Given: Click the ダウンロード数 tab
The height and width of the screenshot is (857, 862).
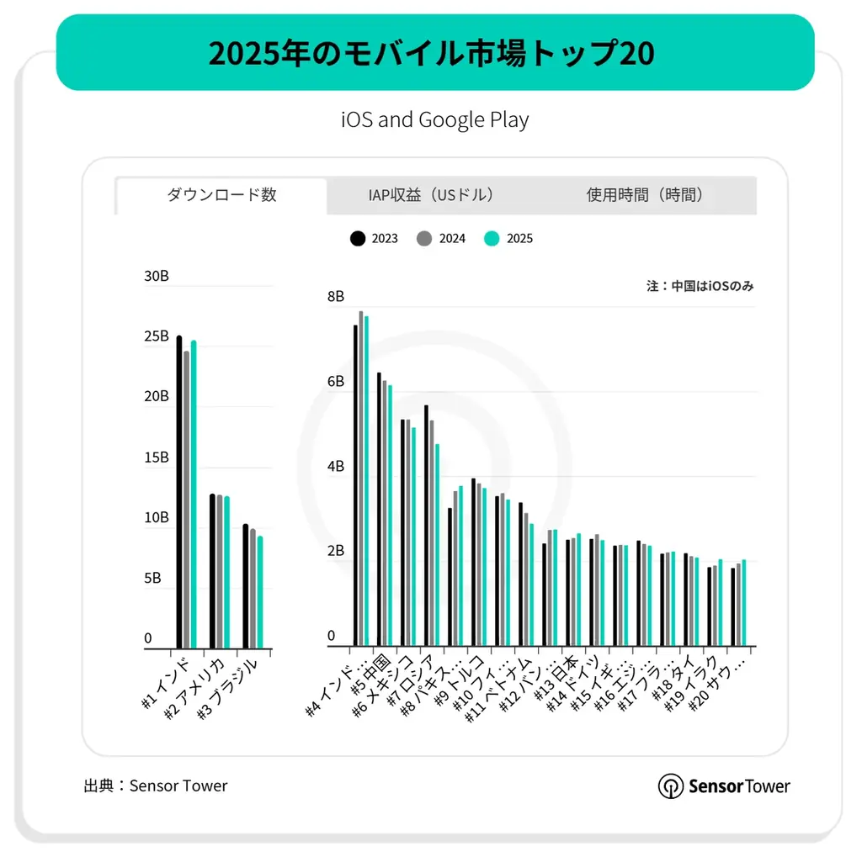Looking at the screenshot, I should pyautogui.click(x=221, y=195).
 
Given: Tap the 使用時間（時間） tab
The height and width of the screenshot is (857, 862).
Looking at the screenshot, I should pyautogui.click(x=645, y=195).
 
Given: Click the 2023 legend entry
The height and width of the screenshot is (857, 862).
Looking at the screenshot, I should pyautogui.click(x=374, y=239).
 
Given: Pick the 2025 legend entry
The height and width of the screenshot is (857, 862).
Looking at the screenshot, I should pyautogui.click(x=509, y=239).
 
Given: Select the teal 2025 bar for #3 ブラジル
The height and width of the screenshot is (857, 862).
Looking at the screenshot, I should pyautogui.click(x=260, y=592).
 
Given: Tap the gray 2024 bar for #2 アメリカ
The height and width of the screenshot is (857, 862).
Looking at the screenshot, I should pyautogui.click(x=220, y=572).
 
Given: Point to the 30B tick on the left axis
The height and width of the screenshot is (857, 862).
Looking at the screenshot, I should pyautogui.click(x=157, y=275).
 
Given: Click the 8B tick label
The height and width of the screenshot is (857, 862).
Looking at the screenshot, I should pyautogui.click(x=336, y=296).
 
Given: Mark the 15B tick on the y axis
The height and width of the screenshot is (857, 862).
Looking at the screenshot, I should pyautogui.click(x=157, y=458).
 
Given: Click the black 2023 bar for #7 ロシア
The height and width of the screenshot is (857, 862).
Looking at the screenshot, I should pyautogui.click(x=426, y=526).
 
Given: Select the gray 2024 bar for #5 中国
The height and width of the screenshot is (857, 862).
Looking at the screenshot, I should pyautogui.click(x=385, y=513).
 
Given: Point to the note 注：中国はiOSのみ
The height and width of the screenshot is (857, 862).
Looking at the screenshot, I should pyautogui.click(x=700, y=286).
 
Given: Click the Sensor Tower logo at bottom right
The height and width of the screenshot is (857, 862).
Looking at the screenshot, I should pyautogui.click(x=724, y=786).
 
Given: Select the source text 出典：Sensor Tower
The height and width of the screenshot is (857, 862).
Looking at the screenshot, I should pyautogui.click(x=156, y=786).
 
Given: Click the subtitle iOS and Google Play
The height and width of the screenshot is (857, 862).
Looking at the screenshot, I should pyautogui.click(x=434, y=120).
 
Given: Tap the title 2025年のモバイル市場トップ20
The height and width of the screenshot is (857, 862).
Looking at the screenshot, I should pyautogui.click(x=431, y=53).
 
